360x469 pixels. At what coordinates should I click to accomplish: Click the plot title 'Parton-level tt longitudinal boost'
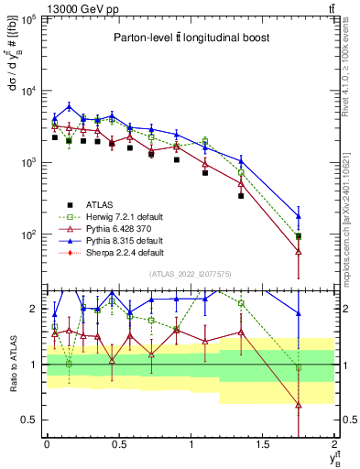[190, 38]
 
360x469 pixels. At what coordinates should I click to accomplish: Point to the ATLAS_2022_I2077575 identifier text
[190, 274]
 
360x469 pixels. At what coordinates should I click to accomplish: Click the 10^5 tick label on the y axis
[31, 19]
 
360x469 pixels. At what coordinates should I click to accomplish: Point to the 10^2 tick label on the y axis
[31, 234]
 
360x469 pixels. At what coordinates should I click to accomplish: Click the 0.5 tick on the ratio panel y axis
[31, 420]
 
